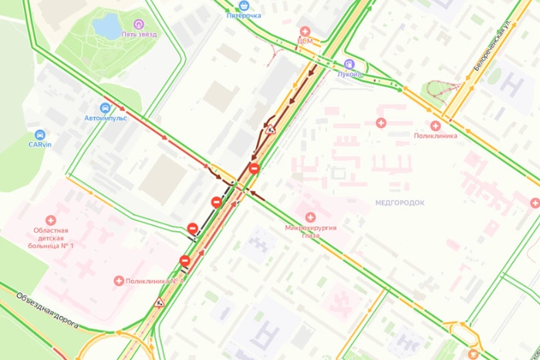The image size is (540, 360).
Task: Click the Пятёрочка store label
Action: [x=243, y=15]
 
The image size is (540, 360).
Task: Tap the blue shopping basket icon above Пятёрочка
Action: [x=243, y=3]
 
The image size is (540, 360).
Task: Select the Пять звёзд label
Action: [x=138, y=35]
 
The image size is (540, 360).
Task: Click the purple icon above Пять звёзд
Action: [x=138, y=24]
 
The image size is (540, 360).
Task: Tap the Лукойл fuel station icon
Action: [x=349, y=64]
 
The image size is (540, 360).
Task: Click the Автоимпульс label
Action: [x=105, y=118]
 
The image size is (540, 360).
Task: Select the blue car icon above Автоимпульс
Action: [x=105, y=108]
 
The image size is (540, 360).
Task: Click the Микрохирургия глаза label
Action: [x=311, y=231]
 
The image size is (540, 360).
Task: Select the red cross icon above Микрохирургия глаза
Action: [x=311, y=217]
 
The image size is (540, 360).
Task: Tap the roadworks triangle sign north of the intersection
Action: [x=270, y=130]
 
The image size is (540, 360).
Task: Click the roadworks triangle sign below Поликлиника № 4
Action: [x=160, y=302]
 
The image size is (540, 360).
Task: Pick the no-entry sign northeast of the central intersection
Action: [x=254, y=168]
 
